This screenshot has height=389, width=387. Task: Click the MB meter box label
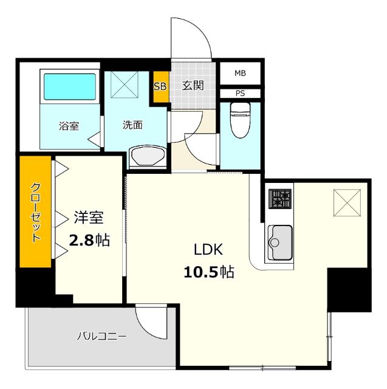pyautogui.click(x=241, y=74)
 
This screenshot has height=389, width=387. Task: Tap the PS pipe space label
pyautogui.click(x=241, y=94)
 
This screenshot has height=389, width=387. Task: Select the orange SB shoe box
pyautogui.click(x=160, y=86)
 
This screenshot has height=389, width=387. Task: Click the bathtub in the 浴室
pyautogui.click(x=69, y=88)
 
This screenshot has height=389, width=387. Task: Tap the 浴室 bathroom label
pyautogui.click(x=68, y=126)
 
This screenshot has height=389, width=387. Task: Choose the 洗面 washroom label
pyautogui.click(x=132, y=125)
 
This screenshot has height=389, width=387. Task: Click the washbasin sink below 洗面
pyautogui.click(x=148, y=156)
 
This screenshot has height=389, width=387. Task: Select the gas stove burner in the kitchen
pyautogui.click(x=280, y=199)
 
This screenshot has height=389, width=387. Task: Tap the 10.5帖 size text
pyautogui.click(x=209, y=272)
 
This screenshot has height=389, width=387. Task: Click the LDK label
pyautogui.click(x=209, y=249)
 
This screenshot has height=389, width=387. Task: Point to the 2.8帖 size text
pyautogui.click(x=89, y=240)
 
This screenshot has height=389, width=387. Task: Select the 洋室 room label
pyautogui.click(x=89, y=217)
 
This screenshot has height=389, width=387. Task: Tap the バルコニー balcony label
pyautogui.click(x=101, y=336)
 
